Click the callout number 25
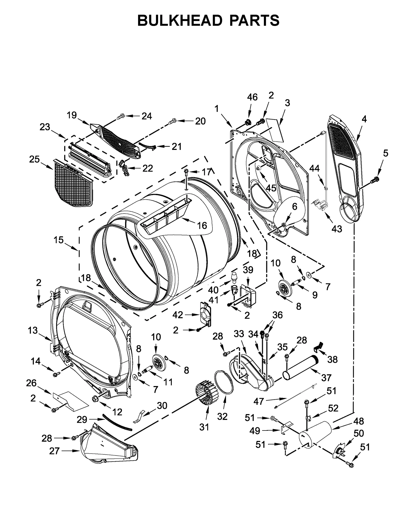tap(34, 159)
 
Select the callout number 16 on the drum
tap(202, 225)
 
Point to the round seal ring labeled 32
tap(224, 383)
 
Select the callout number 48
tap(359, 421)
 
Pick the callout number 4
tap(364, 119)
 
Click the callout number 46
tap(252, 97)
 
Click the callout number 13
tap(33, 330)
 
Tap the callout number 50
tap(359, 433)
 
